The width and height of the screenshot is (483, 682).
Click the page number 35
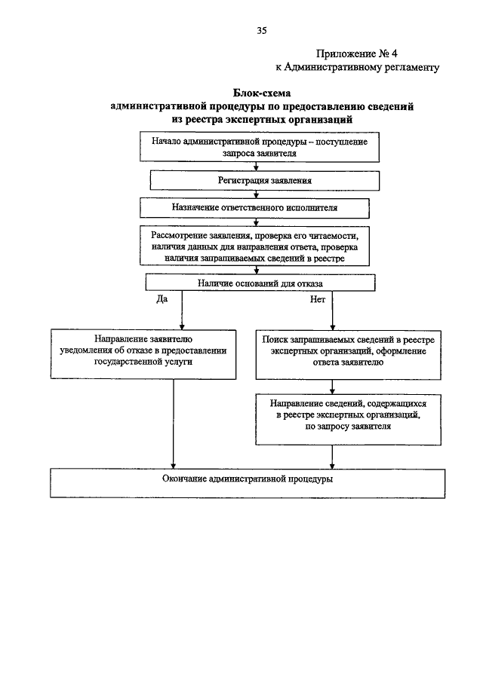[261, 30]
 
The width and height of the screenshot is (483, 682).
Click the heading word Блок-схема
[261, 93]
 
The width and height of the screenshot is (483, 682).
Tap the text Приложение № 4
[357, 54]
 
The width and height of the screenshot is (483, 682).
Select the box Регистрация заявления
[265, 181]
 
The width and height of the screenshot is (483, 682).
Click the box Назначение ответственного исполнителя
[254, 208]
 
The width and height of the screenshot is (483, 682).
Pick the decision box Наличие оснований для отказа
[260, 283]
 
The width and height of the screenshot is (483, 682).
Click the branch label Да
[162, 299]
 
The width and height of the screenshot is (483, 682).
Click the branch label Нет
[318, 299]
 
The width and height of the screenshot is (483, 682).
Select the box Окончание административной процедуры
[248, 483]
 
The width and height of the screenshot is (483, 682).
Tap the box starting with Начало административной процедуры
[260, 147]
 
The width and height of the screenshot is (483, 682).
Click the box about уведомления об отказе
[143, 354]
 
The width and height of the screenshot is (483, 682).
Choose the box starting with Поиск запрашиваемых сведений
[348, 354]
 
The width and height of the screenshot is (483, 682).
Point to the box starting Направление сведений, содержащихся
[348, 419]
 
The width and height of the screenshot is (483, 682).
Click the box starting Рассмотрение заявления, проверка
[254, 246]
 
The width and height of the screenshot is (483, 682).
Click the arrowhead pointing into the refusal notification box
[182, 326]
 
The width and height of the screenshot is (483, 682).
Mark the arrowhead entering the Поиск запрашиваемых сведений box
[332, 327]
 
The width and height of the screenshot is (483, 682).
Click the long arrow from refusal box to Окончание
[174, 424]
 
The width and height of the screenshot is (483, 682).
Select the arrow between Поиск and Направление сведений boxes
[332, 387]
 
